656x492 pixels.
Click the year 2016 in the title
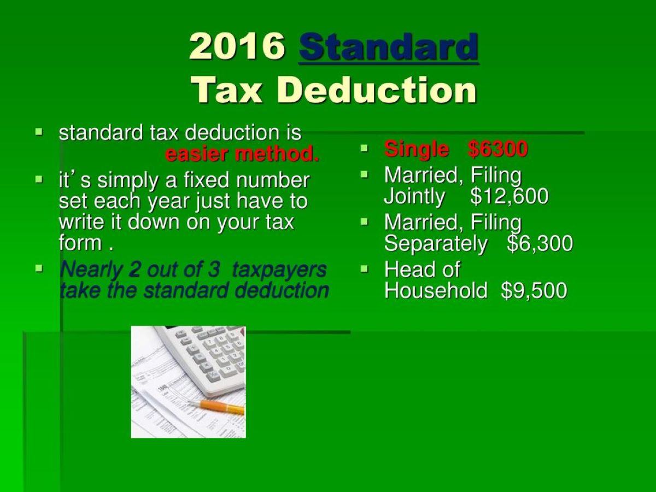[237, 46]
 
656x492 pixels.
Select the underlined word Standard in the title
[389, 46]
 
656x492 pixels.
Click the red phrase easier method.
[242, 154]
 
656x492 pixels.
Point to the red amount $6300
[497, 149]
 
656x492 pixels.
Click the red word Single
[417, 149]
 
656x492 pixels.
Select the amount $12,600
[509, 196]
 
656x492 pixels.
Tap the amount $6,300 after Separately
[540, 243]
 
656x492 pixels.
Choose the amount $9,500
[534, 290]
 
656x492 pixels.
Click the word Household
[436, 290]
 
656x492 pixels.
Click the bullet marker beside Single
[364, 148]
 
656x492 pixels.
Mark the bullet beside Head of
[364, 268]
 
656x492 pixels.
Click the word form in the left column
[80, 243]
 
